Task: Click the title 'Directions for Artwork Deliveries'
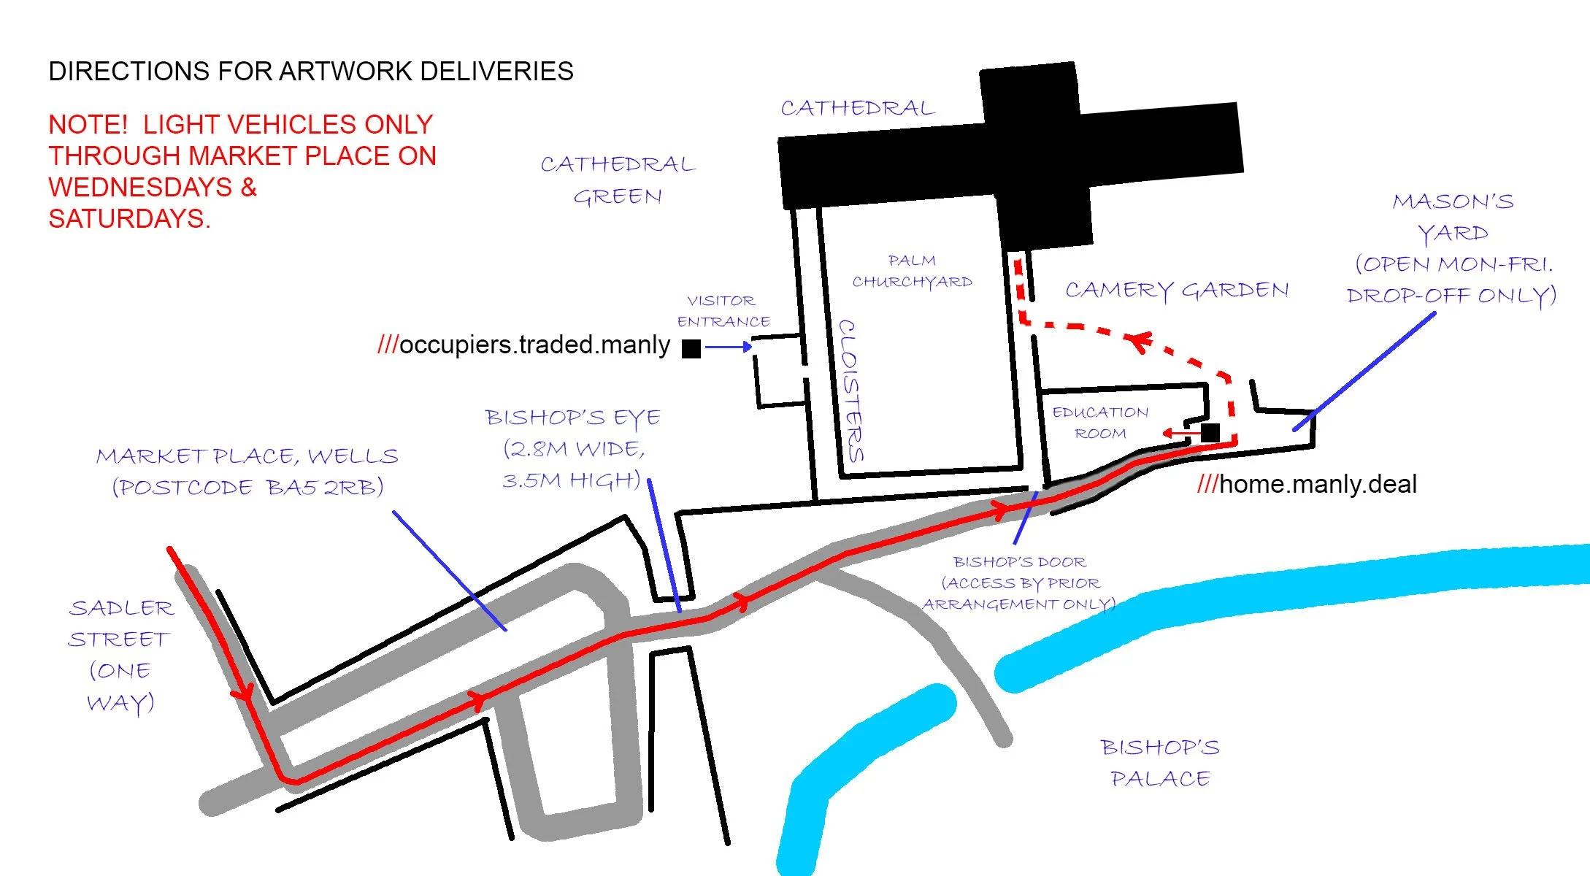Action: pyautogui.click(x=310, y=72)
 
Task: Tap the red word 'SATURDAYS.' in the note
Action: pyautogui.click(x=129, y=219)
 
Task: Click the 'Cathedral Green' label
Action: pyautogui.click(x=618, y=180)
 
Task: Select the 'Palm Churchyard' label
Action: pyautogui.click(x=912, y=271)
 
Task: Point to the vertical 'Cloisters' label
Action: pyautogui.click(x=851, y=391)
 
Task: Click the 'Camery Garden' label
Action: pyautogui.click(x=1177, y=291)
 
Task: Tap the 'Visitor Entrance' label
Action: pyautogui.click(x=723, y=311)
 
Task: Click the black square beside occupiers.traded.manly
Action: pyautogui.click(x=691, y=348)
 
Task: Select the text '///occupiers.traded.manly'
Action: pyautogui.click(x=523, y=345)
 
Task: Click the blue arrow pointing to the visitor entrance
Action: pyautogui.click(x=729, y=347)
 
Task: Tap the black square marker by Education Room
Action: pyautogui.click(x=1210, y=432)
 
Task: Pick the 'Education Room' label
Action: pyautogui.click(x=1100, y=423)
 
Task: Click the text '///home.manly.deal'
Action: pyautogui.click(x=1307, y=484)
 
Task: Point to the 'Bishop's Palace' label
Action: pyautogui.click(x=1160, y=763)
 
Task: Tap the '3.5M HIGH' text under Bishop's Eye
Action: pyautogui.click(x=571, y=480)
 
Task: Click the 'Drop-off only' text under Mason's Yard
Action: pyautogui.click(x=1451, y=296)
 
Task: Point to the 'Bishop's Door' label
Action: pyautogui.click(x=1019, y=562)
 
